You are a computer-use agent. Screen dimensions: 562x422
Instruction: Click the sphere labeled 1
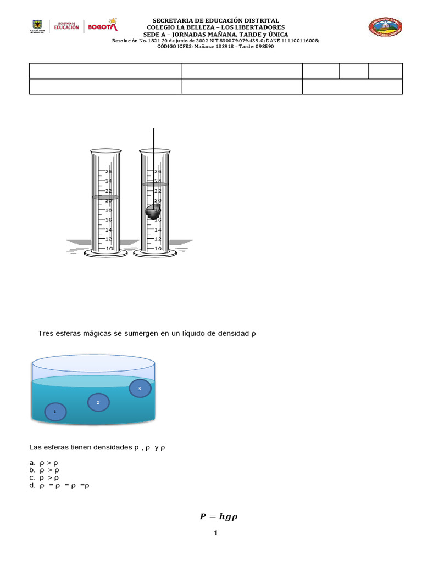click(55, 412)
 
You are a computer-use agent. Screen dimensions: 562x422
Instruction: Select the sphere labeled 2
click(98, 403)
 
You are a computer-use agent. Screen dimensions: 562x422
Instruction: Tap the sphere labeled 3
click(140, 389)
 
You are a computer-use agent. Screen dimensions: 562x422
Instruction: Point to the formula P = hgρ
click(218, 516)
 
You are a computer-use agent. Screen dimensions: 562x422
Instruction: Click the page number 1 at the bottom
click(216, 533)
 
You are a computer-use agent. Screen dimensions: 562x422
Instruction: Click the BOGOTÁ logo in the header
click(103, 26)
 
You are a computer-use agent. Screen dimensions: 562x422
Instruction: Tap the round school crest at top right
click(385, 27)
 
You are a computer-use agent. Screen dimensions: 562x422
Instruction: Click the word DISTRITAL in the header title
click(260, 20)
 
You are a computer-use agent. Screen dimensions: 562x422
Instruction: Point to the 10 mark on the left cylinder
click(108, 249)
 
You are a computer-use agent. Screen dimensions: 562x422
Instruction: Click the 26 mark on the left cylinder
click(108, 171)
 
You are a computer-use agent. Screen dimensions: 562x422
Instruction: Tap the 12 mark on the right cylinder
click(158, 239)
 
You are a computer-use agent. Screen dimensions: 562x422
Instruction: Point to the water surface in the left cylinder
click(105, 197)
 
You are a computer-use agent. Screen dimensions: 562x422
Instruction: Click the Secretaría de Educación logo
click(66, 26)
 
